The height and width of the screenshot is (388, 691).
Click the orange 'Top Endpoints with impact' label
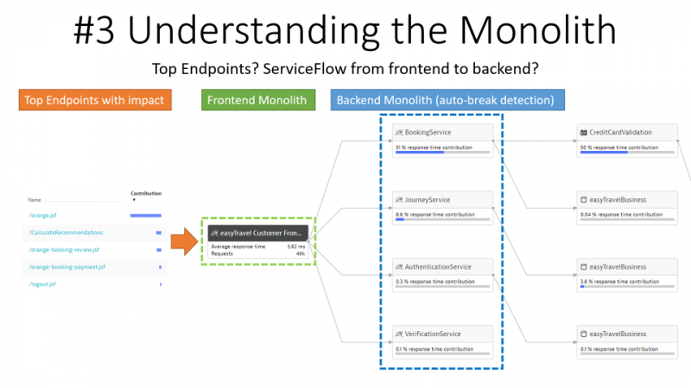[95, 100]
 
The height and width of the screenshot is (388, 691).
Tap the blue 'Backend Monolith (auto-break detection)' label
[447, 100]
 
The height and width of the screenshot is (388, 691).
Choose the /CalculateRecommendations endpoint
[66, 232]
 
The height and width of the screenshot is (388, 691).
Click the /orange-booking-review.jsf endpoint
[64, 249]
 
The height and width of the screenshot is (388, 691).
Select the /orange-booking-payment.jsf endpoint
[67, 266]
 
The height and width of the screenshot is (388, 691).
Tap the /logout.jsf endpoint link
[41, 284]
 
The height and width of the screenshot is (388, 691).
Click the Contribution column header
[145, 194]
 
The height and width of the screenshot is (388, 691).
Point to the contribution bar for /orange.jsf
[145, 215]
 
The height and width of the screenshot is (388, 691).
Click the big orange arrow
[184, 241]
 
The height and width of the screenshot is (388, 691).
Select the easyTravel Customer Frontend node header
[257, 233]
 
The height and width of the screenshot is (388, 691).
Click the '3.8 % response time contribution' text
[621, 281]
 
